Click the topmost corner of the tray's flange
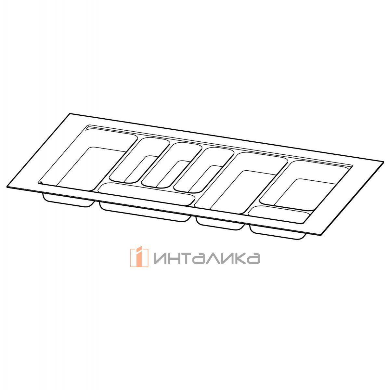pos(70,113)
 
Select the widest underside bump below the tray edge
pos(145,213)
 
